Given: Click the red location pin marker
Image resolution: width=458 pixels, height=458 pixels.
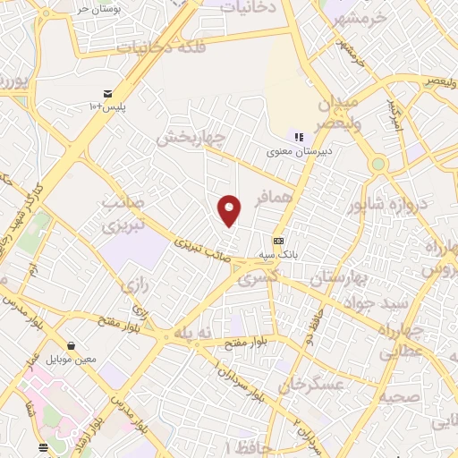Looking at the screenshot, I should (230, 210).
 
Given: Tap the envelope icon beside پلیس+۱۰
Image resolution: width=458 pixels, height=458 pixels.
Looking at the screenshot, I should (107, 94).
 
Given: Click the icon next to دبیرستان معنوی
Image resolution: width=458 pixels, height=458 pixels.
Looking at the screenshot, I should (299, 137).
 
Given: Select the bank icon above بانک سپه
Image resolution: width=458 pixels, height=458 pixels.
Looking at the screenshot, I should (278, 241).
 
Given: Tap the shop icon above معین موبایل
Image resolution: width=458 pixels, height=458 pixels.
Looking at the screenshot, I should (70, 345).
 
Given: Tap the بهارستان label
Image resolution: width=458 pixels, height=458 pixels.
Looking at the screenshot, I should (340, 279).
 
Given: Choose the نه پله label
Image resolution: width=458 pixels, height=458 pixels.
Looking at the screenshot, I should (194, 332).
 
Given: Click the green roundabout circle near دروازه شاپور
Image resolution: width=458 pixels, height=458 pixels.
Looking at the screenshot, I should (379, 165).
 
